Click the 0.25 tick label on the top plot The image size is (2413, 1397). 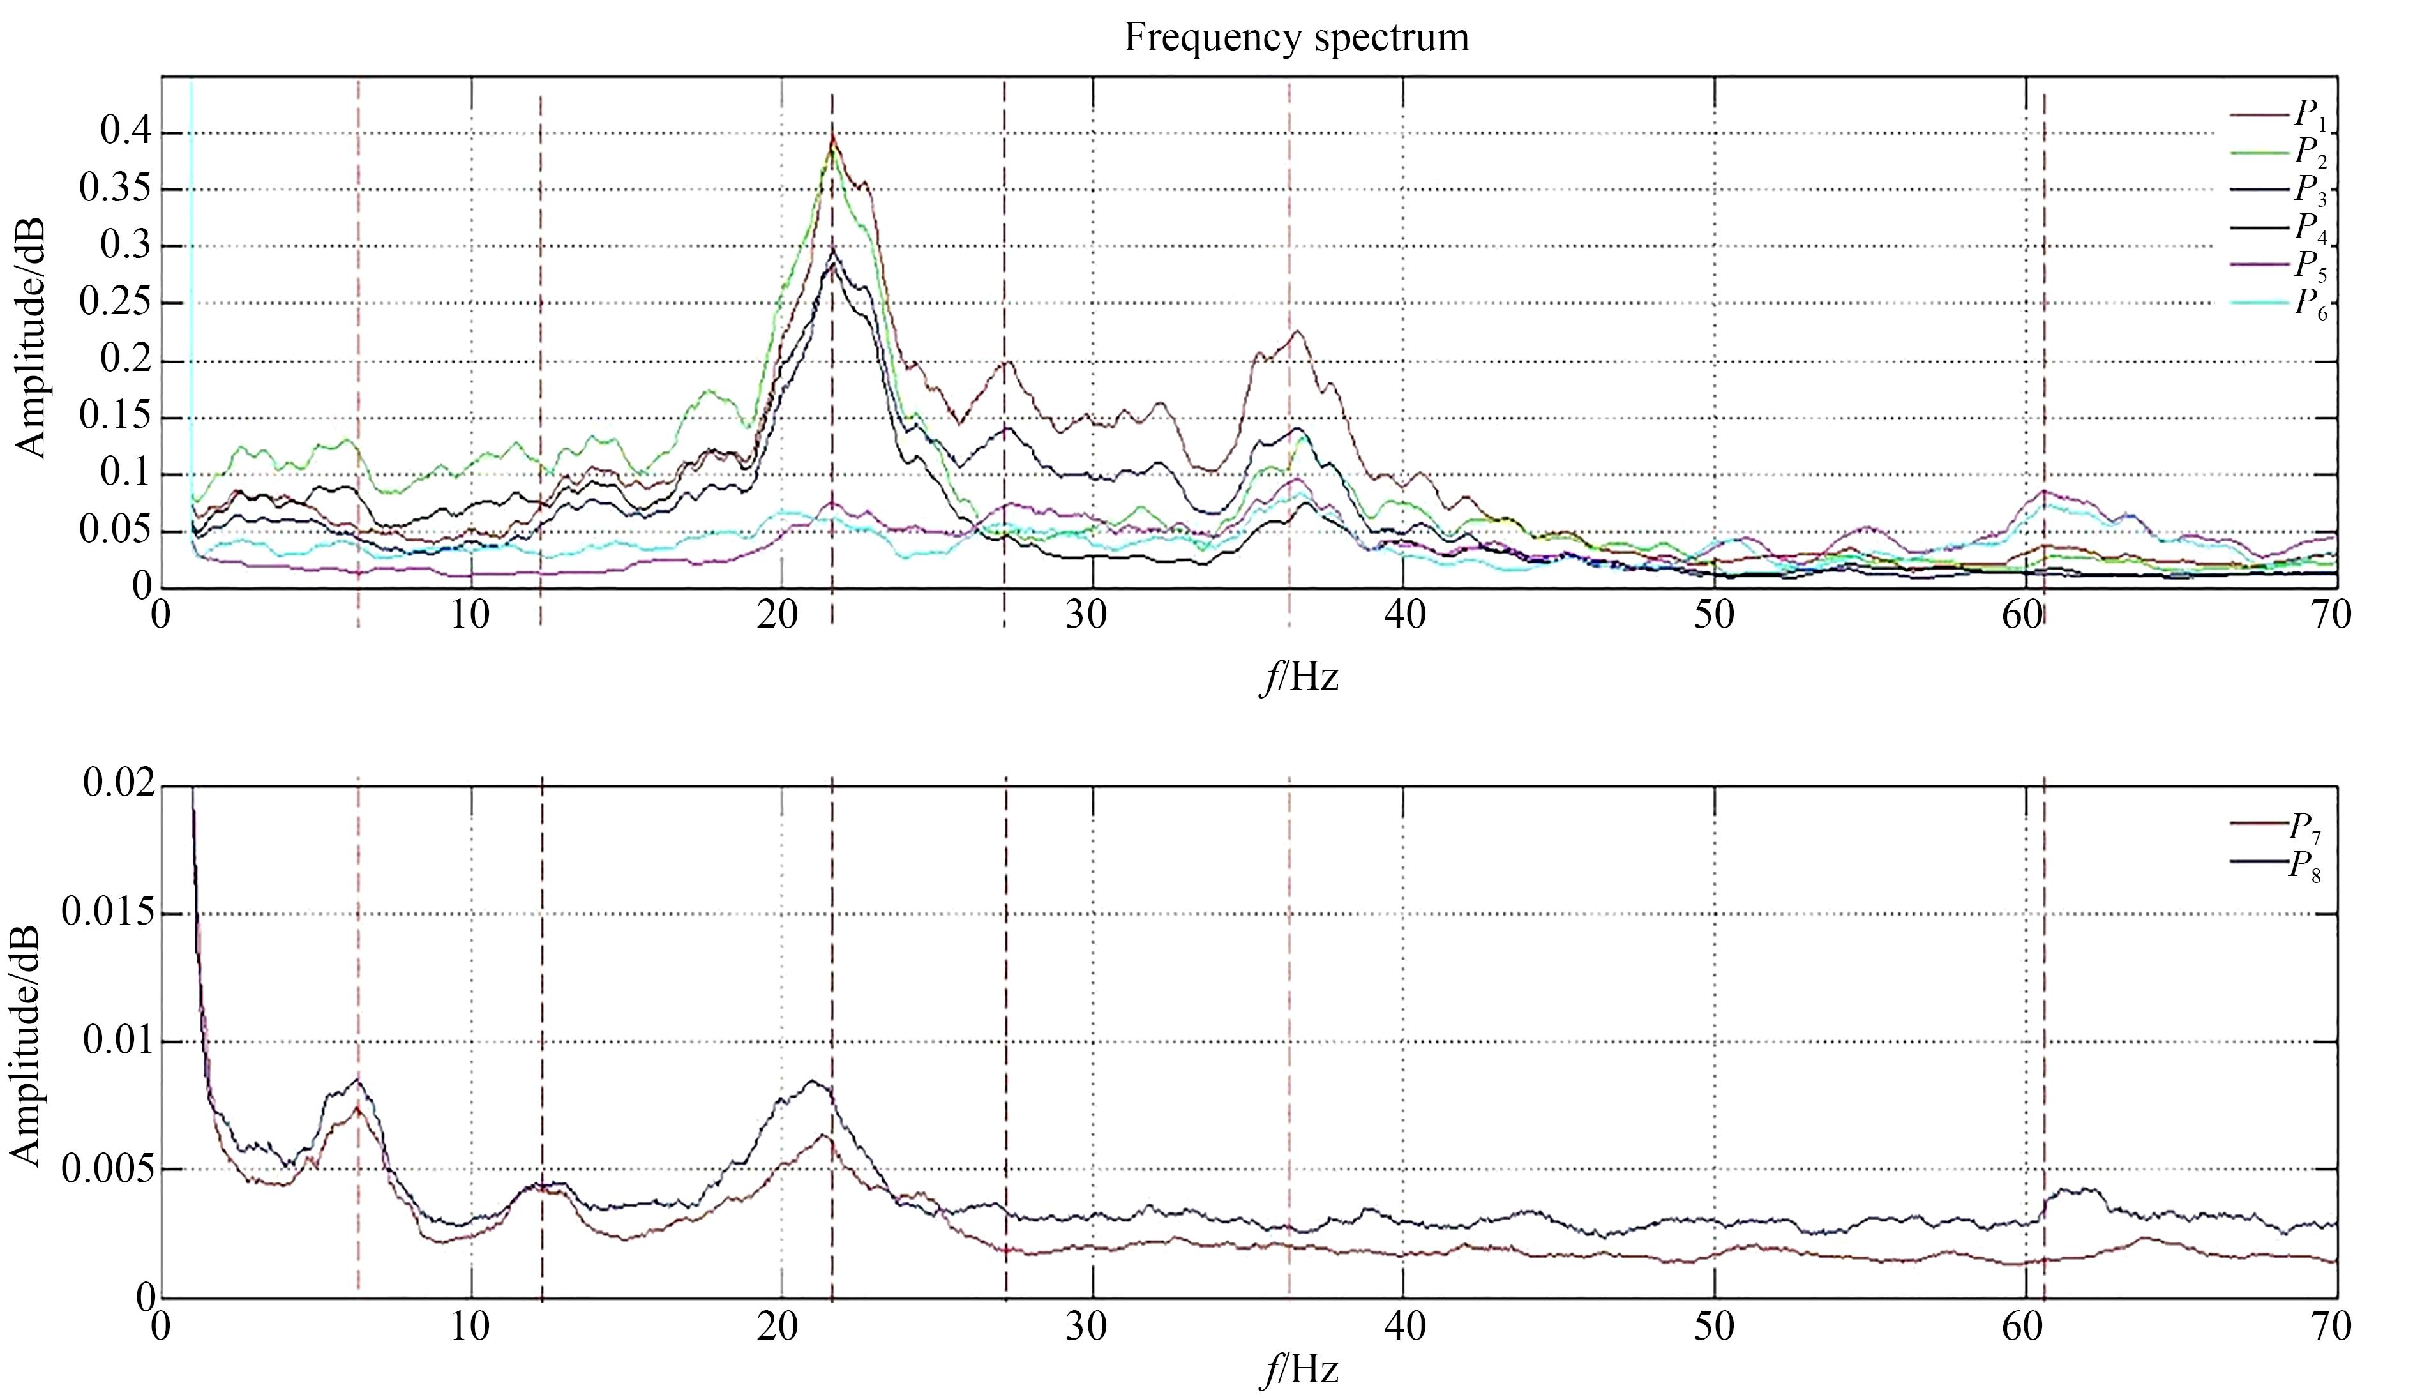(114, 303)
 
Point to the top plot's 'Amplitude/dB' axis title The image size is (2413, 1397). (31, 340)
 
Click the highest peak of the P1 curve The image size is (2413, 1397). (832, 134)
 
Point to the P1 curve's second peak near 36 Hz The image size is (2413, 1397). (1297, 332)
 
